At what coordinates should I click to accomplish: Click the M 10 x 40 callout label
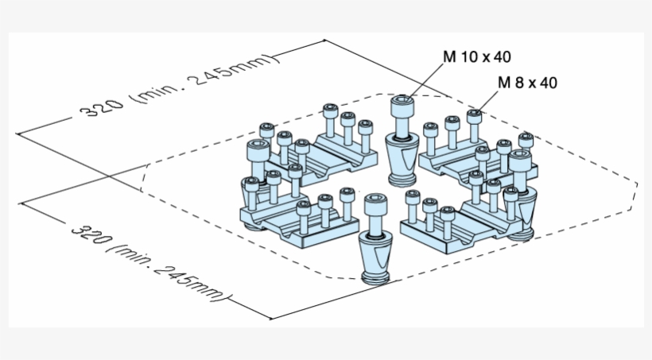click(476, 56)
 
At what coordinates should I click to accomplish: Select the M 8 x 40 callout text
click(528, 82)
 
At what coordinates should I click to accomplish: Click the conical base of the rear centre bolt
click(402, 154)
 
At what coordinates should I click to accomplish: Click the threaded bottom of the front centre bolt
click(374, 277)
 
